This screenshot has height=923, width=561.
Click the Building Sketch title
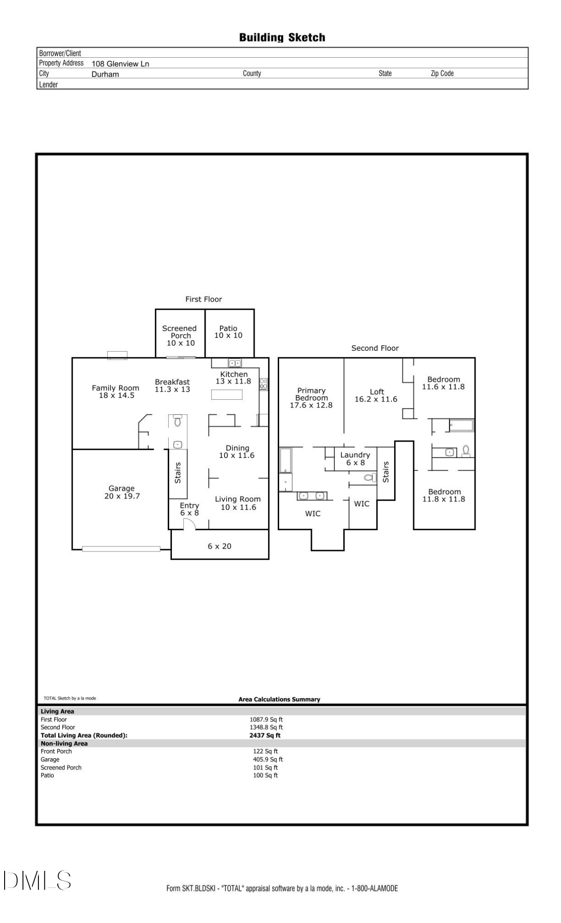click(x=282, y=37)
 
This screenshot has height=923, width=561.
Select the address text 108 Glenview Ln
click(x=120, y=64)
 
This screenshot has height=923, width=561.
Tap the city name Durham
click(x=105, y=74)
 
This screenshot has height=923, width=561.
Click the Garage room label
click(x=122, y=492)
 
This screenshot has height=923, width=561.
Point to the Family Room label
click(x=115, y=391)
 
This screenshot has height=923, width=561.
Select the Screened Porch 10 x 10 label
click(x=180, y=336)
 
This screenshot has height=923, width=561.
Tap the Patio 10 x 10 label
click(x=228, y=332)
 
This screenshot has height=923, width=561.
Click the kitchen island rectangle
click(x=227, y=395)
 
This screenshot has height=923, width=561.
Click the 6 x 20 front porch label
click(x=220, y=546)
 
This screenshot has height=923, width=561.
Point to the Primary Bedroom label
click(x=311, y=397)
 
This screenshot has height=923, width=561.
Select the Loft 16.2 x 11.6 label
click(x=376, y=395)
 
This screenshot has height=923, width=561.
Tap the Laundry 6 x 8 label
click(x=355, y=458)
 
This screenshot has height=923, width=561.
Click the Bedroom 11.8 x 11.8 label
click(x=444, y=495)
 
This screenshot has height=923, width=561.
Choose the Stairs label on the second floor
click(x=386, y=472)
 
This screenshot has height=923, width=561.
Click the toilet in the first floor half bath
click(x=177, y=421)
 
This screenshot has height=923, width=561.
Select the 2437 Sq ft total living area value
click(x=265, y=735)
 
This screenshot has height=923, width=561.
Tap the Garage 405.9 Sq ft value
click(x=268, y=759)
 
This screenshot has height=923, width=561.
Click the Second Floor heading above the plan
click(x=375, y=348)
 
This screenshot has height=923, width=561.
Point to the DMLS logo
click(x=37, y=880)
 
